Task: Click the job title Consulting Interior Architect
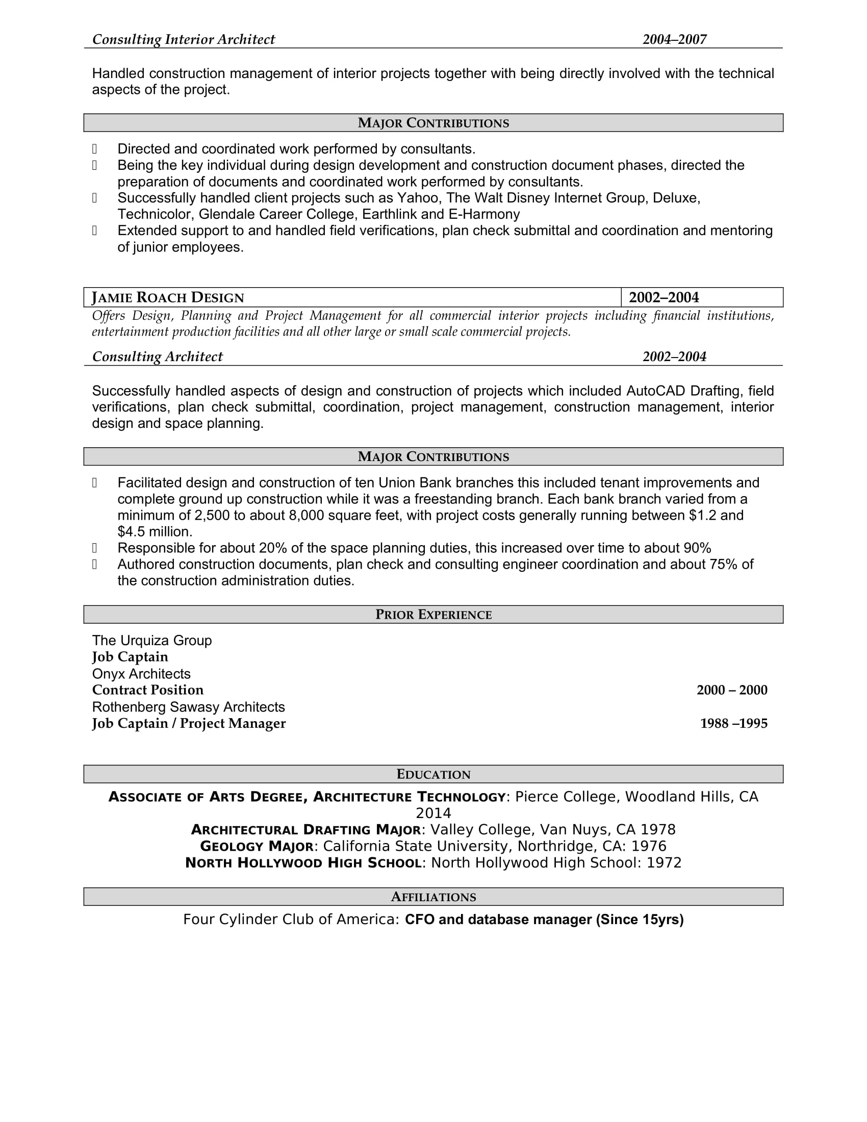pos(184,40)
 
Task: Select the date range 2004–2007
pos(674,40)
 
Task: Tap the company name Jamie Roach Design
pos(168,297)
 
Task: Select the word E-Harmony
pos(484,214)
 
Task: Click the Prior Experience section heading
pos(433,615)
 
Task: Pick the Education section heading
pos(433,774)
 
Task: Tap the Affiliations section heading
pos(433,897)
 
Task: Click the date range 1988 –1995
pos(733,723)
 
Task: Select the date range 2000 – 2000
pos(732,690)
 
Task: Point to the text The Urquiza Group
pos(152,641)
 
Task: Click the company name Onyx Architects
pos(141,674)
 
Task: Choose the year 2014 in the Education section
pos(433,813)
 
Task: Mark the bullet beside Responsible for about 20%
pos(94,548)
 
